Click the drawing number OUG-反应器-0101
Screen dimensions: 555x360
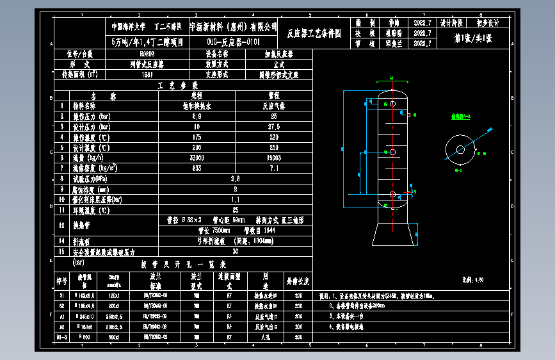(x=234, y=42)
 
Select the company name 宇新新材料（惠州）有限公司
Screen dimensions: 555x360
(x=234, y=27)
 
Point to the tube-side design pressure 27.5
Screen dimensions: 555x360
(x=275, y=127)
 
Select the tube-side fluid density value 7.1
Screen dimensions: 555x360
(x=275, y=168)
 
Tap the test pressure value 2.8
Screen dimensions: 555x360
(x=236, y=178)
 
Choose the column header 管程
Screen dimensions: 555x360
(x=275, y=96)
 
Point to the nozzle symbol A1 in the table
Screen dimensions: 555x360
(x=62, y=316)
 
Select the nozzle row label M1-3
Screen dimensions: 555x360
(x=62, y=337)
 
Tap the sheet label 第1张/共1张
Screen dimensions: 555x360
(x=473, y=39)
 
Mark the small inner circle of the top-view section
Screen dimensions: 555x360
(x=460, y=150)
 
